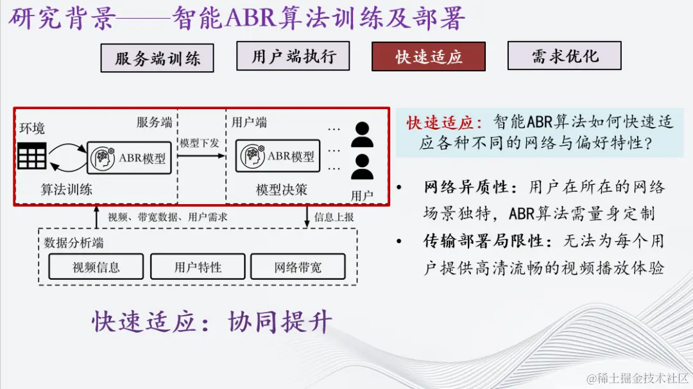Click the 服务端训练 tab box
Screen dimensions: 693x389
[157, 58]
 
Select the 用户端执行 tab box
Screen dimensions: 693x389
[293, 56]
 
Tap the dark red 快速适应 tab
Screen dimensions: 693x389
[429, 56]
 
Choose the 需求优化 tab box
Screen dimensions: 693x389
[564, 56]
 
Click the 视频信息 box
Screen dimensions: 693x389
[96, 267]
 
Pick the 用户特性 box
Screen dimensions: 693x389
[198, 267]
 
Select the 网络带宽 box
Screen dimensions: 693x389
[298, 267]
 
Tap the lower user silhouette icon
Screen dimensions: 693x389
[363, 167]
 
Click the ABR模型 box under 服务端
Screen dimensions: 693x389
[132, 157]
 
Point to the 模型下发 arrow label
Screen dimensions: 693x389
[200, 143]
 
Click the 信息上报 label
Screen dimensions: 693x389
[334, 217]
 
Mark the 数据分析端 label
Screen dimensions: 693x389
[74, 243]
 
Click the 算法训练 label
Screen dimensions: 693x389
[67, 189]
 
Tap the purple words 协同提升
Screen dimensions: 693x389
[280, 322]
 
